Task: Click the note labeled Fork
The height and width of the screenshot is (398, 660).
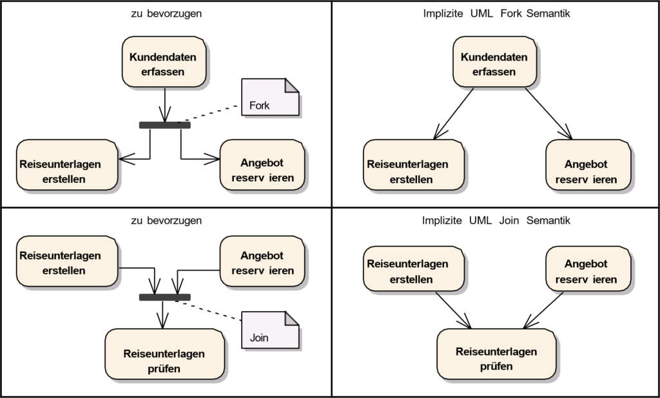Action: tap(271, 98)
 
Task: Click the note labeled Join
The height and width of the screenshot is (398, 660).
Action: tap(271, 329)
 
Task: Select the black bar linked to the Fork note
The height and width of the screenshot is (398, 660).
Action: tap(165, 125)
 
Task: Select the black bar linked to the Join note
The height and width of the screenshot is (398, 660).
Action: tap(165, 297)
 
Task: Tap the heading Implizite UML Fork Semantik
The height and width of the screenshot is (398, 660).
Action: tap(496, 14)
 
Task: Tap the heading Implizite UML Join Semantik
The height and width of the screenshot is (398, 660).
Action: tap(496, 220)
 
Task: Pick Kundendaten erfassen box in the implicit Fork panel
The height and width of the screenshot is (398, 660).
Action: tap(494, 62)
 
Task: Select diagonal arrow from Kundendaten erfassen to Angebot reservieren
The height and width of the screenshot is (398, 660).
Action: tap(548, 112)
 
